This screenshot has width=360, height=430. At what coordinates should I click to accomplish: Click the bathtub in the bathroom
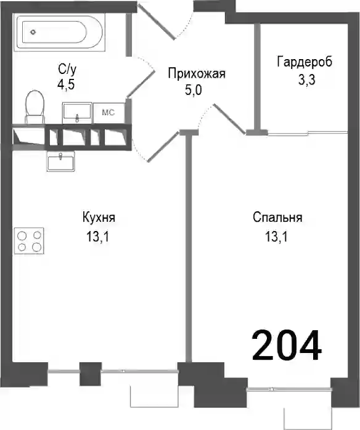pos(60,33)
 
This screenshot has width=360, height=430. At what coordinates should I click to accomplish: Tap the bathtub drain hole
pos(33,32)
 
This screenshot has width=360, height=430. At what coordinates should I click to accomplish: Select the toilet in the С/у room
pos(35,107)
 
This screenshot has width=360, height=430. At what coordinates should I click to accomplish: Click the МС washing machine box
pos(108,113)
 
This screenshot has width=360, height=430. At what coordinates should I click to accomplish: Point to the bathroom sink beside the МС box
pos(77,113)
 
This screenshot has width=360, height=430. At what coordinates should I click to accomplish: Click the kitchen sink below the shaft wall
pos(61,161)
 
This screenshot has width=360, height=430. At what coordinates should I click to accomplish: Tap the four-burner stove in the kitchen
pos(29,241)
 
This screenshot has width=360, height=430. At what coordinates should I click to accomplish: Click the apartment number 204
pos(286,345)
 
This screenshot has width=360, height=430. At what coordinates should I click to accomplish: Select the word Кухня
pos(99,217)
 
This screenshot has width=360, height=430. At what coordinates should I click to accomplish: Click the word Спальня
pos(277,217)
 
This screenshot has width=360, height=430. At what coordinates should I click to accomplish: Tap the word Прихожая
pos(197,73)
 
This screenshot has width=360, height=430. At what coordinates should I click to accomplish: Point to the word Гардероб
pos(305,62)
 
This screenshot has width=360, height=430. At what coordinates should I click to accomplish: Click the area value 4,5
pos(66,85)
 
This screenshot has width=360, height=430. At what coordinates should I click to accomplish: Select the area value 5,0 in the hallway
pos(193,90)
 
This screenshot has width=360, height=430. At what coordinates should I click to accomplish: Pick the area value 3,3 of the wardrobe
pos(307,80)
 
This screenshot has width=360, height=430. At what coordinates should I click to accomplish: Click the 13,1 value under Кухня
pos(97,237)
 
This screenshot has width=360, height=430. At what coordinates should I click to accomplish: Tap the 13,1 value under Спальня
pos(276,237)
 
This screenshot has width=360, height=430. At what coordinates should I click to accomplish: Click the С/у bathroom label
pos(67,69)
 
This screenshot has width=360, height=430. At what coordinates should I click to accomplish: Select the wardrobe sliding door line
pos(308,134)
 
